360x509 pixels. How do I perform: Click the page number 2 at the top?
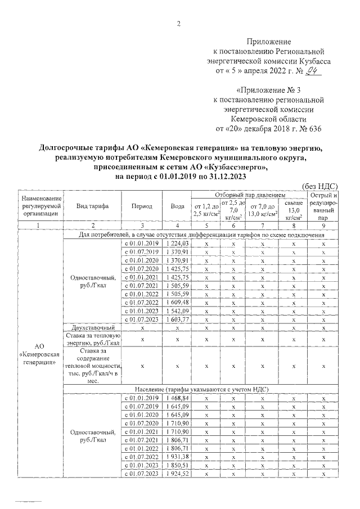click(179, 23)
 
